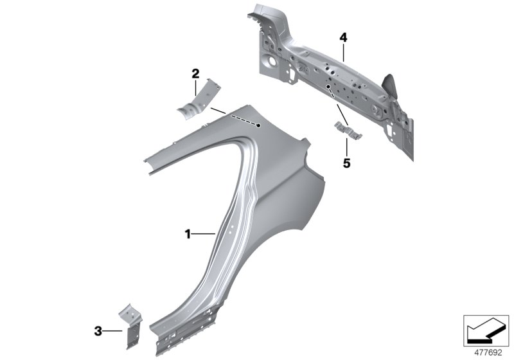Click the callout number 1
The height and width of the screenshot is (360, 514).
[188, 235]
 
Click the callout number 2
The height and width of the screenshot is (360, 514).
[195, 74]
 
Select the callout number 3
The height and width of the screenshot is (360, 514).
[98, 331]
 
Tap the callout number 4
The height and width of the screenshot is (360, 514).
[343, 39]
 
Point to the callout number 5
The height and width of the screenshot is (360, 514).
[346, 163]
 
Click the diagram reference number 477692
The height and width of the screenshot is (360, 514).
[486, 351]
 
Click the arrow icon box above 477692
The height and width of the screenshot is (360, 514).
[486, 329]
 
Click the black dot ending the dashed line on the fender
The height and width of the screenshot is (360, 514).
[258, 126]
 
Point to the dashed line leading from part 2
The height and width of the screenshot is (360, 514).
[238, 118]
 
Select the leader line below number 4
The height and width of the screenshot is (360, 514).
[344, 53]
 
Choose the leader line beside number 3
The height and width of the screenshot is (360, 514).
[114, 331]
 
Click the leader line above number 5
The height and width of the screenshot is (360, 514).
[347, 147]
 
